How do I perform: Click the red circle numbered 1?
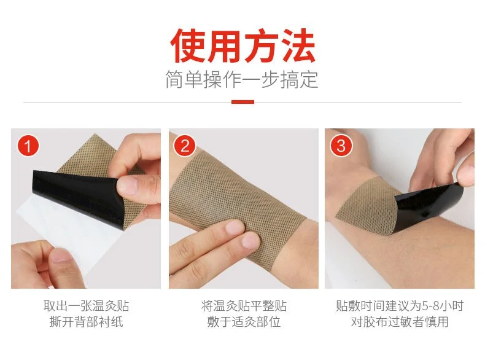pos(28,146)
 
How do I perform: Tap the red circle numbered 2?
pos(185,146)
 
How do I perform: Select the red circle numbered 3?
pos(341,146)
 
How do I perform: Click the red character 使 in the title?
pos(188,46)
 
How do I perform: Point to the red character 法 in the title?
pos(298,46)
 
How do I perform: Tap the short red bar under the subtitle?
pos(243,102)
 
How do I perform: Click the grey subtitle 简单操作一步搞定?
pos(242,79)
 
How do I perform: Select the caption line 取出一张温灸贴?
pos(86,306)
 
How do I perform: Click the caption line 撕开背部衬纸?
pos(86,322)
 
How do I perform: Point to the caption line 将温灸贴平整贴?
pos(244,306)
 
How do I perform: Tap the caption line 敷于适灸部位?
pos(244,322)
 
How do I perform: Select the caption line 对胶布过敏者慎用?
pos(400,322)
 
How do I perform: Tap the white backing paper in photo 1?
pos(68,238)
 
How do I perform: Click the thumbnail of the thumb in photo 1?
pos(127,185)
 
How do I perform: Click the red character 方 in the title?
pos(262,46)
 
